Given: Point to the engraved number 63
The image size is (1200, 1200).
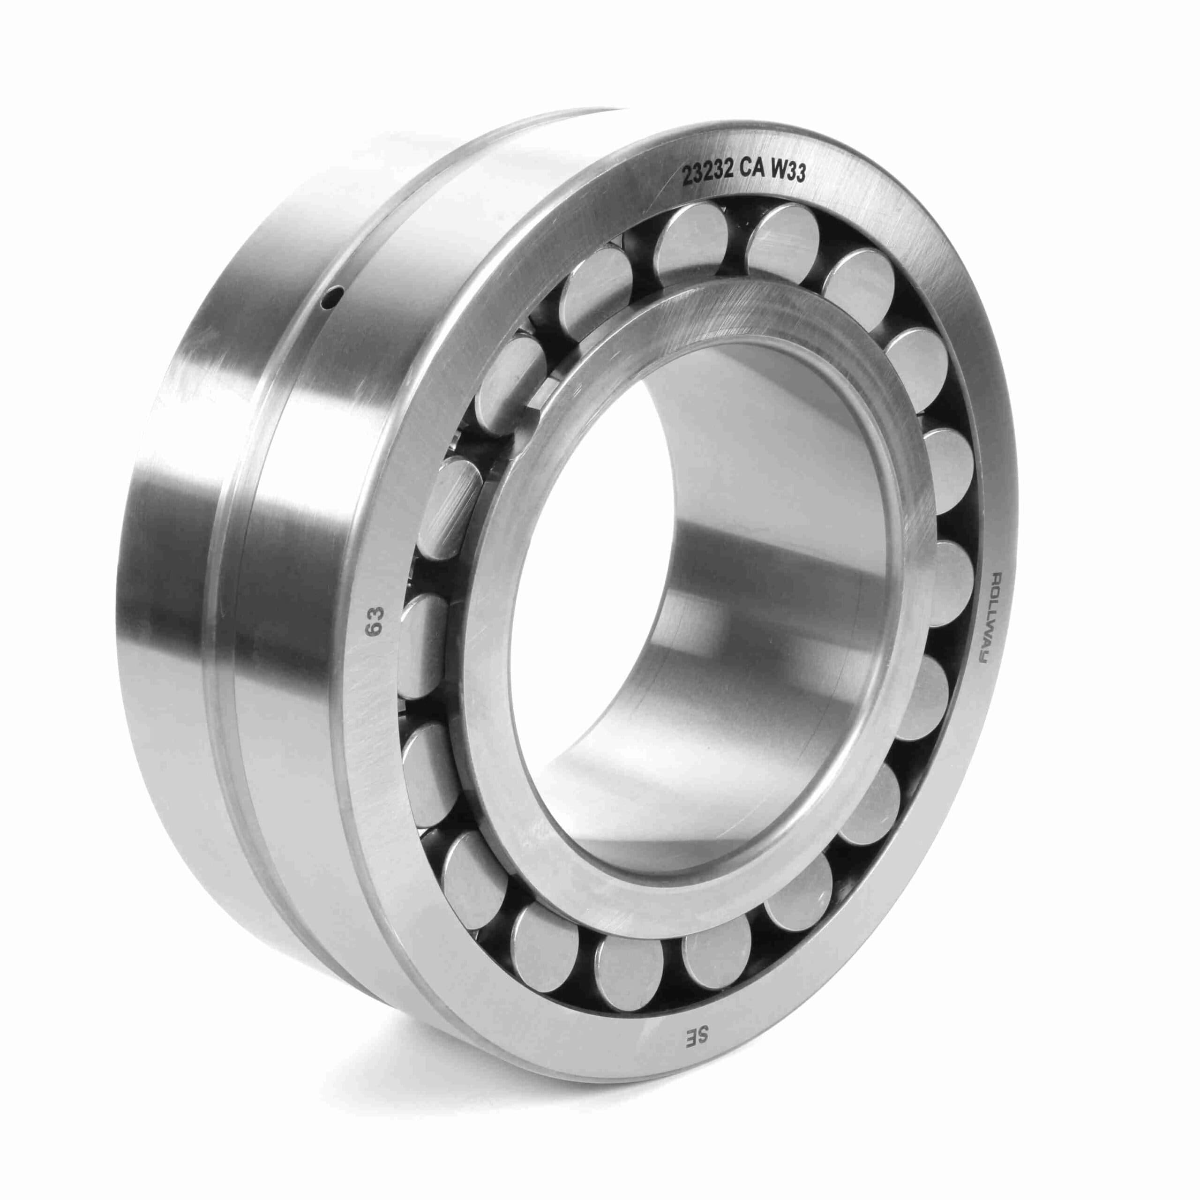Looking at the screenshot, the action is coord(375,621).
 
